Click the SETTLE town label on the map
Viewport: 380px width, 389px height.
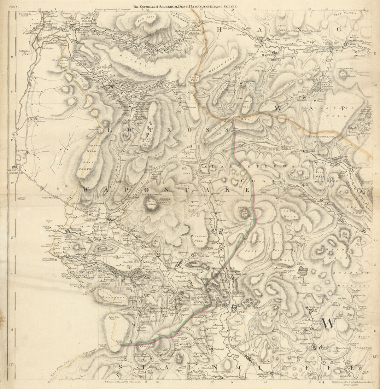click(x=236, y=312)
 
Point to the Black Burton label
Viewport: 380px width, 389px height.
click(x=71, y=229)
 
